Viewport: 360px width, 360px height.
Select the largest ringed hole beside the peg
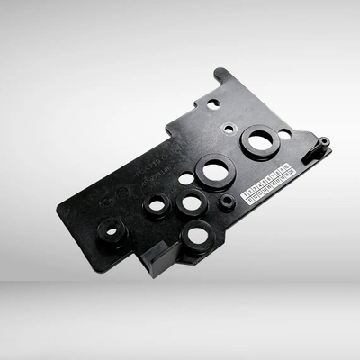tap(260, 141)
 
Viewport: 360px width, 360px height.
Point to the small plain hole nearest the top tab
tap(213, 104)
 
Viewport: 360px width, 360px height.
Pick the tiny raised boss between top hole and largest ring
tap(229, 129)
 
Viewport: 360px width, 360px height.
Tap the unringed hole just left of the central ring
tap(186, 179)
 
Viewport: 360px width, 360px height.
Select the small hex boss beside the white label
tap(227, 202)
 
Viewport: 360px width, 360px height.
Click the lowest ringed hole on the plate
tap(196, 238)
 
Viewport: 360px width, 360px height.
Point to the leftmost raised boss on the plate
tap(112, 231)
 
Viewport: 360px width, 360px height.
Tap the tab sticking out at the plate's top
tap(219, 81)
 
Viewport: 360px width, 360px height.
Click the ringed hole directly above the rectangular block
tap(157, 206)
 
